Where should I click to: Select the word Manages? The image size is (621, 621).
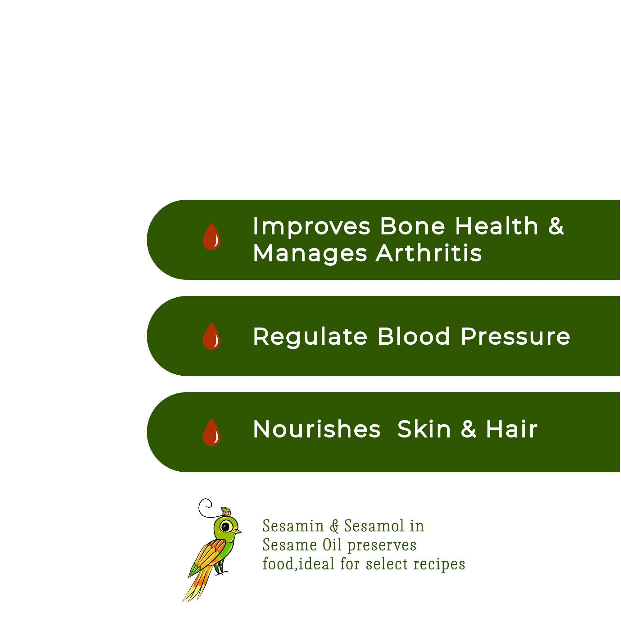[x=310, y=254]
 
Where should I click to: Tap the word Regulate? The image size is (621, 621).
[x=310, y=337]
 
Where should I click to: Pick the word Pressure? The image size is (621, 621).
[x=515, y=336]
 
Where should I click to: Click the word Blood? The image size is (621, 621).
[x=414, y=336]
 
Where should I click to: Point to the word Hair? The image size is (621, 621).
[x=511, y=429]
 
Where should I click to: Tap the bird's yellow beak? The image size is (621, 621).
[x=238, y=531]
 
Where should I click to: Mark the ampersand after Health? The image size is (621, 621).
[x=556, y=226]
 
